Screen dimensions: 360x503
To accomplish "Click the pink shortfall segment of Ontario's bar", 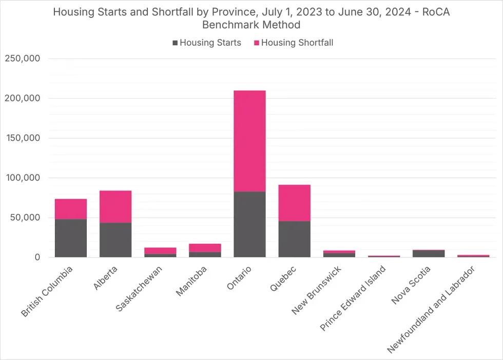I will pos(249,141).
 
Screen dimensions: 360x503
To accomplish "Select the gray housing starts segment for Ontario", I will pos(249,224).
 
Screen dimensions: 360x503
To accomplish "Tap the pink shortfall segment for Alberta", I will pos(115,206).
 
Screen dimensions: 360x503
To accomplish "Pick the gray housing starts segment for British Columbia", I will pos(71,238).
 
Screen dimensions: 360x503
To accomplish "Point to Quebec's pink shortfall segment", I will pos(294,203).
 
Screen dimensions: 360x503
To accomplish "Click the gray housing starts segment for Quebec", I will pos(294,239).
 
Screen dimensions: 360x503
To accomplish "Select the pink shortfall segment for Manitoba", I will pos(205,248).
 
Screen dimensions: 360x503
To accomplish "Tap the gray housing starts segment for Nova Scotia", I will pos(429,254).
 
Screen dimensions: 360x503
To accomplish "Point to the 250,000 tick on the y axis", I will pos(23,59).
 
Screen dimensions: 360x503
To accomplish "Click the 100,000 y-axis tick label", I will pos(23,178).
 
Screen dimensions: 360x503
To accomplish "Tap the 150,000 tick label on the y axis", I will pos(23,138).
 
